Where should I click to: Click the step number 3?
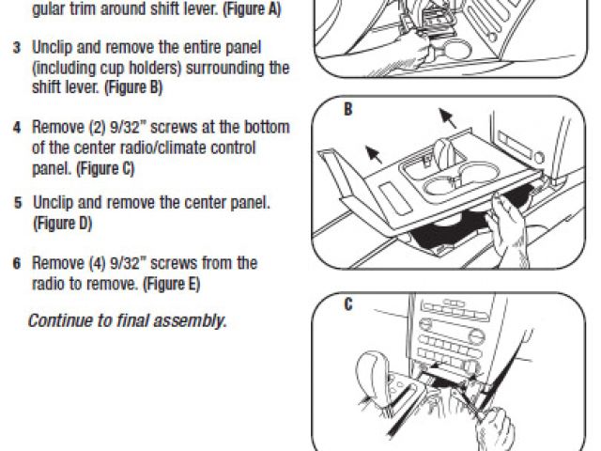pyautogui.click(x=17, y=48)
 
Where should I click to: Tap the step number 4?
pyautogui.click(x=17, y=128)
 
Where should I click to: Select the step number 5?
pyautogui.click(x=18, y=203)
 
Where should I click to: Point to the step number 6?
pyautogui.click(x=17, y=263)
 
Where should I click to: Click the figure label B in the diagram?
pyautogui.click(x=348, y=109)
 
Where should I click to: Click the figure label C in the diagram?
pyautogui.click(x=348, y=304)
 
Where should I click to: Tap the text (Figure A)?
pyautogui.click(x=253, y=9)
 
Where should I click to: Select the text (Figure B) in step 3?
pyautogui.click(x=133, y=87)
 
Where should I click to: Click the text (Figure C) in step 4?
pyautogui.click(x=105, y=169)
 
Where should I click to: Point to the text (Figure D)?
pyautogui.click(x=63, y=224)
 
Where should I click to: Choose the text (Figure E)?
pyautogui.click(x=172, y=284)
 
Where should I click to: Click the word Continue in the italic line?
pyautogui.click(x=60, y=320)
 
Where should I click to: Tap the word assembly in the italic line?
pyautogui.click(x=189, y=321)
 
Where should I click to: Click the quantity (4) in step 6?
pyautogui.click(x=98, y=263)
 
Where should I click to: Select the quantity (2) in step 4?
pyautogui.click(x=98, y=128)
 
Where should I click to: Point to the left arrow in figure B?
pyautogui.click(x=374, y=154)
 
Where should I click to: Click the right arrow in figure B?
pyautogui.click(x=448, y=118)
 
